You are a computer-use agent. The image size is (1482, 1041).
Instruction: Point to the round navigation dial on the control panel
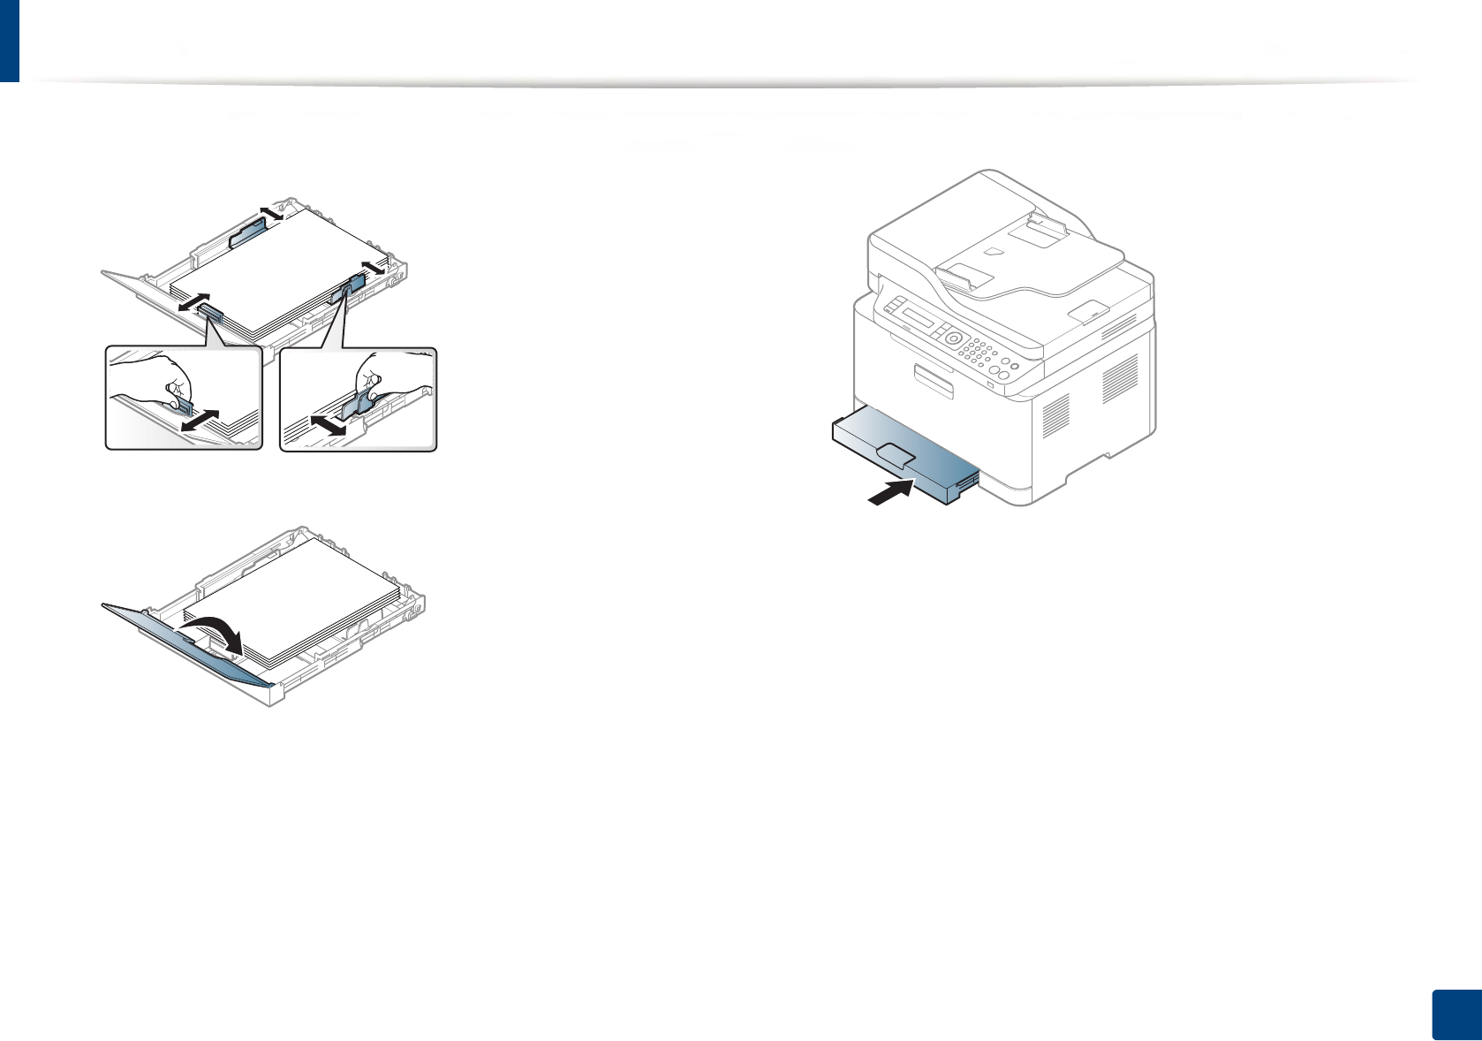tap(952, 338)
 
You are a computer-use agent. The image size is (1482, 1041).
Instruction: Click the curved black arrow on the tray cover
tap(214, 634)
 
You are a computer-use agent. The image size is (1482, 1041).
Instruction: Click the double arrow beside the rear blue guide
tap(270, 212)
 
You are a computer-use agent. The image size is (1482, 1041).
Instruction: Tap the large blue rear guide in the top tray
tap(247, 234)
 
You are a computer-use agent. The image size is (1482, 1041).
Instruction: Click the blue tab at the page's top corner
tap(9, 41)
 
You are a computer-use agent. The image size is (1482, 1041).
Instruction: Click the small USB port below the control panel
tap(990, 384)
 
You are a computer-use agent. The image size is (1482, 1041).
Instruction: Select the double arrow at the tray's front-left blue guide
tap(193, 301)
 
